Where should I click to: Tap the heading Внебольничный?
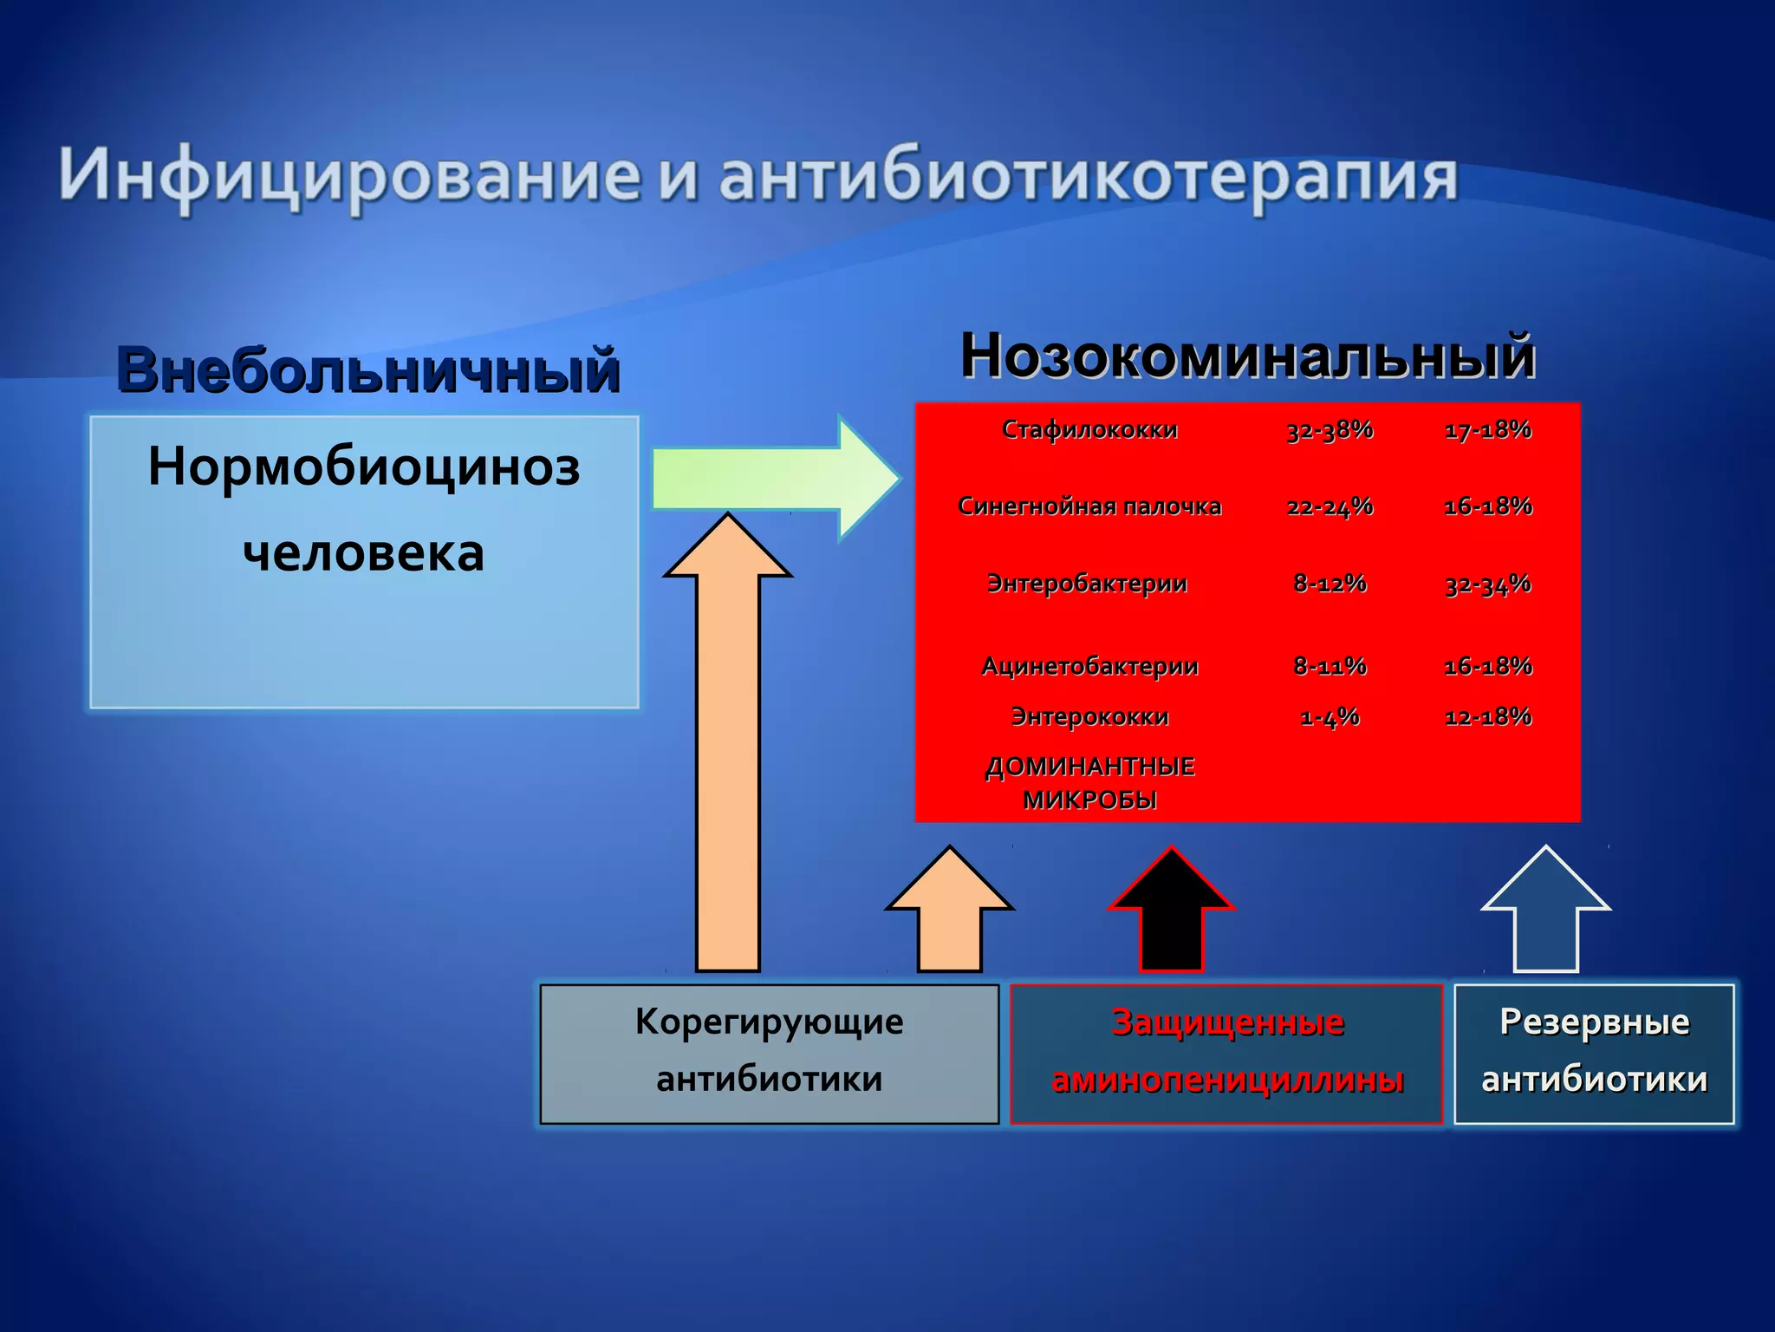368,370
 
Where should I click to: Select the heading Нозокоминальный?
1247,356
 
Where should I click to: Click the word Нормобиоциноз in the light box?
364,467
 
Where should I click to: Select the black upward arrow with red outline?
1171,911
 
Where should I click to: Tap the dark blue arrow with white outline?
1545,911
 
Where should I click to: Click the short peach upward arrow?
950,911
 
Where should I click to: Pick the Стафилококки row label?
1089,429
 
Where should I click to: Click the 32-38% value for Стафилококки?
1330,429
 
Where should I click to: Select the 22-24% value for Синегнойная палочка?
1330,506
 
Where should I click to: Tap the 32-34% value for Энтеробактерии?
1487,584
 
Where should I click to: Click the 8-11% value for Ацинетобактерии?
1330,666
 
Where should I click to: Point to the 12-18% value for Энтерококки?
1487,716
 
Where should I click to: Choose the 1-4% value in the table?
1330,716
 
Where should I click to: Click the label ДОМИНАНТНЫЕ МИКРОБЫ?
1089,783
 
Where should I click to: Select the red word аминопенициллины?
1227,1080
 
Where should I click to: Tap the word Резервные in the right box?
1594,1022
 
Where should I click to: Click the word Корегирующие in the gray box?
769,1022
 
